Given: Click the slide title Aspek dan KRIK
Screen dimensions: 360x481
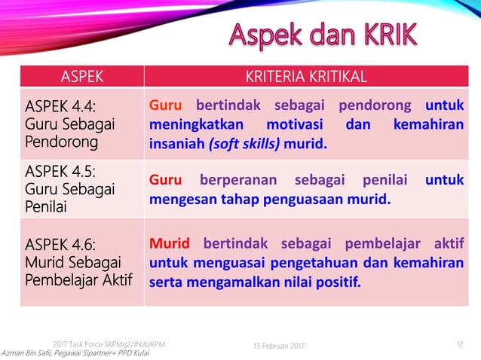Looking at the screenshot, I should coord(323,35).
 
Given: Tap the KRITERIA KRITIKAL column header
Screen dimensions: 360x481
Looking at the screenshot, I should coord(306,76).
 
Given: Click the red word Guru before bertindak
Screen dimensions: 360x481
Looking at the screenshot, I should coord(166,105).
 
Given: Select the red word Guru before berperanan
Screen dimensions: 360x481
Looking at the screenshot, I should coord(166,181).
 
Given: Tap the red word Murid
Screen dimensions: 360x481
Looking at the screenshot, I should coord(170,243).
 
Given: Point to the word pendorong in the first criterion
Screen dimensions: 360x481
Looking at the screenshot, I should coord(375,105).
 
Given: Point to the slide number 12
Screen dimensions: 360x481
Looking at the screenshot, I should coord(460,344).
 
